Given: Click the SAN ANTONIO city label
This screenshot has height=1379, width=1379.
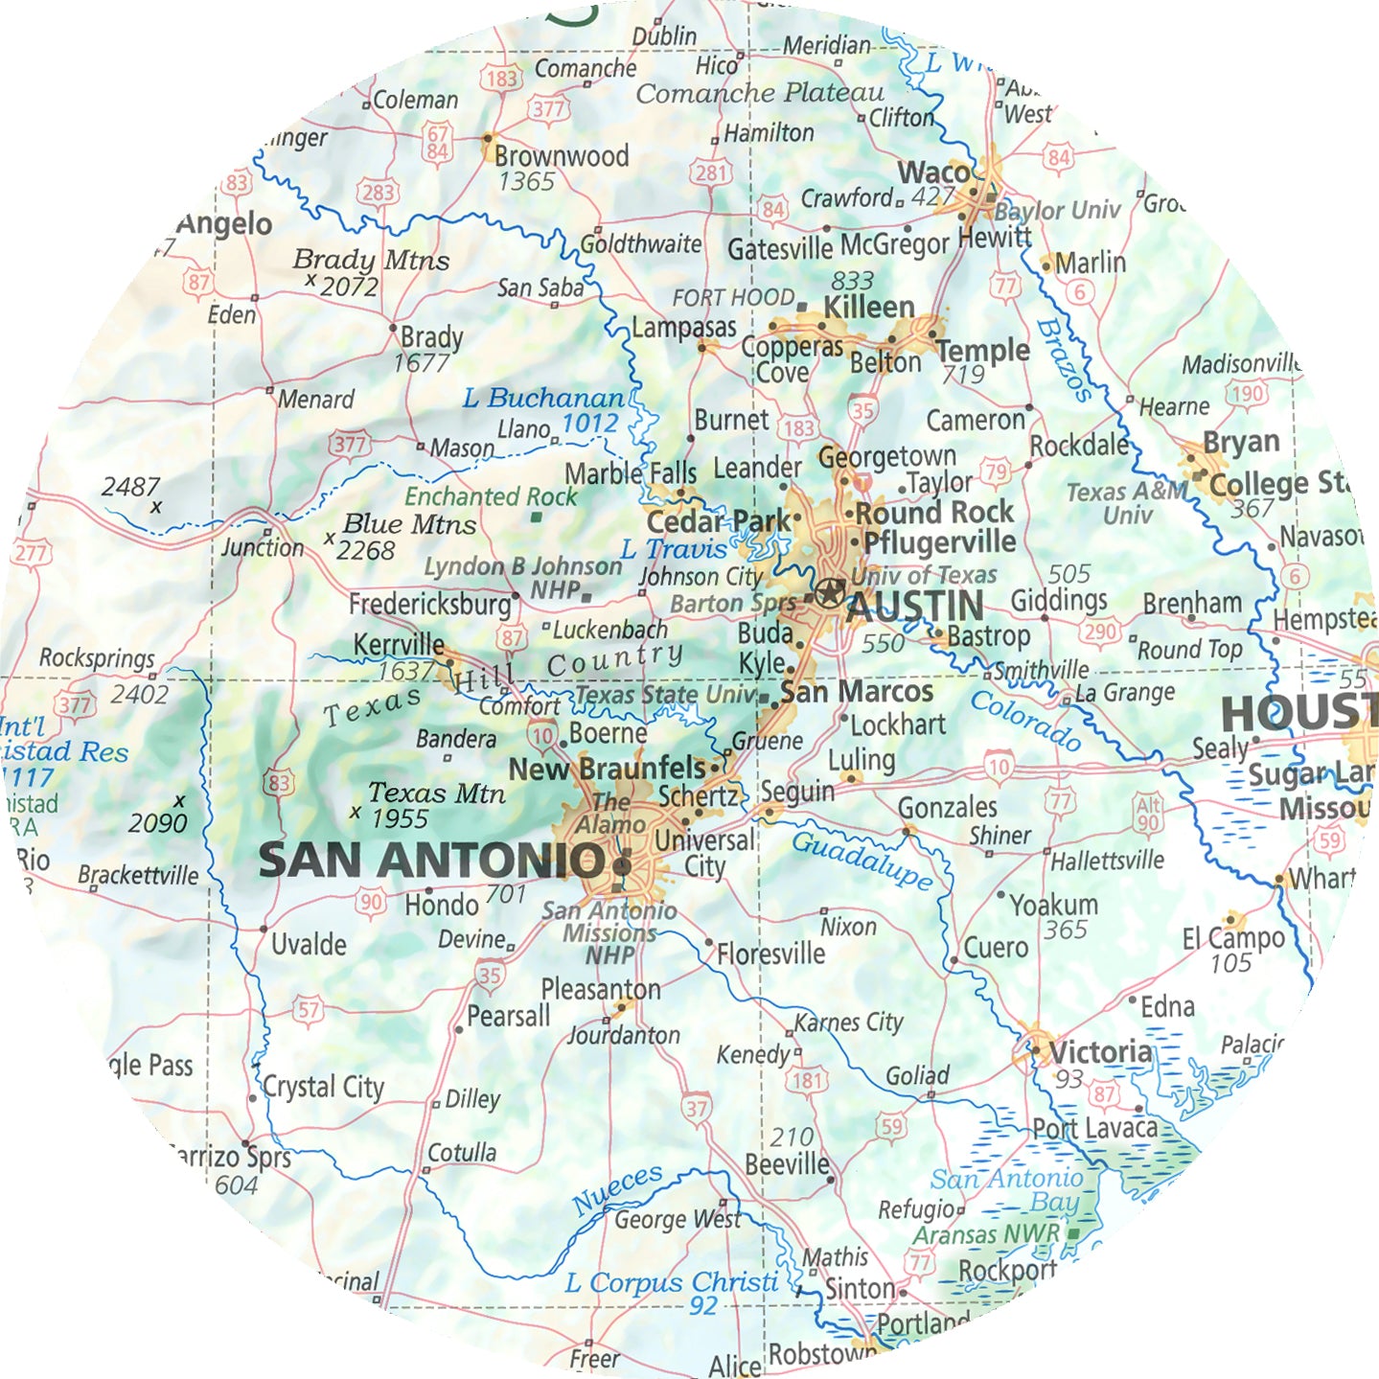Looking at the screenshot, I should (x=431, y=861).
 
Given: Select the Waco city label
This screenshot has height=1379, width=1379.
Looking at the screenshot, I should (x=933, y=173).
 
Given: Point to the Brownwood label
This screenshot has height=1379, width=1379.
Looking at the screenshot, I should (x=562, y=156).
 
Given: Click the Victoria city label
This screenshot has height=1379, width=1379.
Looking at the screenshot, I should (x=1100, y=1052).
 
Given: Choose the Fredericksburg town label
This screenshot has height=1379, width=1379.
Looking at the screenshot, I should (x=430, y=605).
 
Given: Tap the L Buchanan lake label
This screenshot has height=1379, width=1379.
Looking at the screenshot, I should (x=542, y=398).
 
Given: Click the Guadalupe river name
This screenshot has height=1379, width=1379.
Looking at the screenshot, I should (x=862, y=860).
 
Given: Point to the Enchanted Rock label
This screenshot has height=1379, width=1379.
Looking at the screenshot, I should (x=491, y=496).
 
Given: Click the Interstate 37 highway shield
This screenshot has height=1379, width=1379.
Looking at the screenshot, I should (x=697, y=1109).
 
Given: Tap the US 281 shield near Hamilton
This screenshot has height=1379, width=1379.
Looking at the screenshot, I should (x=712, y=173).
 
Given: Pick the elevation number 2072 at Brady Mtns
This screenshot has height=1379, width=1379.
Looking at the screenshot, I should (x=350, y=287).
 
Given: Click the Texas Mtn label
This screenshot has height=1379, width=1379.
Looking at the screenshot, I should (x=437, y=793).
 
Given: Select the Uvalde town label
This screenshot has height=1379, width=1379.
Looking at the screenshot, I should (x=309, y=945).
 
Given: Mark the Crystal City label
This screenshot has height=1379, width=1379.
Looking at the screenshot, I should (x=323, y=1088).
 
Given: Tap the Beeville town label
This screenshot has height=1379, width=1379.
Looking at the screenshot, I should (x=788, y=1164).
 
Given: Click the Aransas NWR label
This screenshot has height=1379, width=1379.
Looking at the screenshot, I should (x=986, y=1235).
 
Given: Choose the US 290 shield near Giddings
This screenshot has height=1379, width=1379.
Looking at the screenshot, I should (x=1100, y=632).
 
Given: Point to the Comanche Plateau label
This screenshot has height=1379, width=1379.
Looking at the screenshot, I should (x=760, y=94).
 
